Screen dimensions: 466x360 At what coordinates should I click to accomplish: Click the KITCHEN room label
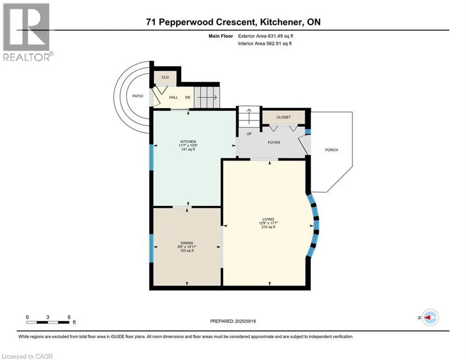[188, 142]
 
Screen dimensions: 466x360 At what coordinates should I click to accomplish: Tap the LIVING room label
[268, 219]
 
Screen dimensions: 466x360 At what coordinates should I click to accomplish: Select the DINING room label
[187, 243]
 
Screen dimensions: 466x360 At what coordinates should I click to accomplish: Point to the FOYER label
[274, 142]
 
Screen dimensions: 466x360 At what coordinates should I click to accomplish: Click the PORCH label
[332, 150]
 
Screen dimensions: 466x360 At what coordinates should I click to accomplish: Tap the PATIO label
[138, 96]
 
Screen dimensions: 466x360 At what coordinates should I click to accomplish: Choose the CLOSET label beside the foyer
[283, 117]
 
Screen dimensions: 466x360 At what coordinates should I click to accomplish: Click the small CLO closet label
[165, 77]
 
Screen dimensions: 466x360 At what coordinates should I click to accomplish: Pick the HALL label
[174, 97]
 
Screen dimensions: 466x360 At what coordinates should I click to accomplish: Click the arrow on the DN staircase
[207, 97]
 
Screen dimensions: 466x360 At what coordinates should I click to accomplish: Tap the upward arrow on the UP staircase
[249, 114]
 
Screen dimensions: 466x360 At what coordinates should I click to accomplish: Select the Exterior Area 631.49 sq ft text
[266, 36]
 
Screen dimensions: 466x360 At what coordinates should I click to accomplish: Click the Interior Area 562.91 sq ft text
[265, 44]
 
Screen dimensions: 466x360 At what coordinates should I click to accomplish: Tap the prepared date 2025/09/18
[245, 321]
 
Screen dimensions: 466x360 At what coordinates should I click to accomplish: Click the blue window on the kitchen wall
[151, 157]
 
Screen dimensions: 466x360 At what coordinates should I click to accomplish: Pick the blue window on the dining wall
[151, 248]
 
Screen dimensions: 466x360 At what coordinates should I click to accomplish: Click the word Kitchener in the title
[280, 22]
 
